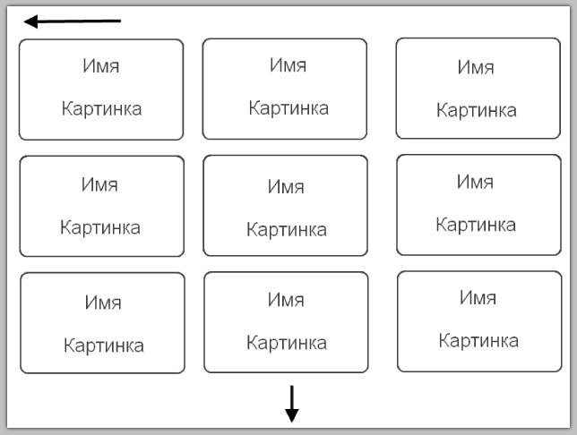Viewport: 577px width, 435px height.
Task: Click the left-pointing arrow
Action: pos(72,21)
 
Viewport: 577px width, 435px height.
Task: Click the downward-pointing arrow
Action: pos(291,404)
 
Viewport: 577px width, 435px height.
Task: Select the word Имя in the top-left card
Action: pos(101,66)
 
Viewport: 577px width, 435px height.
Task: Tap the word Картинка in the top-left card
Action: pos(101,108)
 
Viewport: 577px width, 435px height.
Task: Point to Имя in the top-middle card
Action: pos(288,64)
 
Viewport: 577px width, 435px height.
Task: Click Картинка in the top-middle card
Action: pos(288,107)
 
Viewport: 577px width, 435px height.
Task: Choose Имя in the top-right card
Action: pos(476,66)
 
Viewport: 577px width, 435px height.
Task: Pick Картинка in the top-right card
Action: pos(476,110)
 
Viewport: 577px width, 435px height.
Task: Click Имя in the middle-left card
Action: pos(99,184)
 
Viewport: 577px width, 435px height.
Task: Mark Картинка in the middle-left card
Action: pos(99,226)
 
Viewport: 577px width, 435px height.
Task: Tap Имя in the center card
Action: pos(286,187)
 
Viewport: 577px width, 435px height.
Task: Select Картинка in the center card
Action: pos(286,229)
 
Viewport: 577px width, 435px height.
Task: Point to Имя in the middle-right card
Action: pos(475,181)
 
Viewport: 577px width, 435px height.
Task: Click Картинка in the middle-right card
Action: pos(475,224)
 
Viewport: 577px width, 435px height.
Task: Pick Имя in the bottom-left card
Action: pos(103,303)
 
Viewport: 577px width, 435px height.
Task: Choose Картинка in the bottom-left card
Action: pos(103,345)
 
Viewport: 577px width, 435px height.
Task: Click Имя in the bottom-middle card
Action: pos(286,300)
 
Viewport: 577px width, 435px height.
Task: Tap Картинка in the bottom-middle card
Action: pos(286,342)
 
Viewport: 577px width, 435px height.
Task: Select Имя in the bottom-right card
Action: pos(478,297)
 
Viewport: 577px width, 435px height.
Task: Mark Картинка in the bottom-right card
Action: pos(478,340)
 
